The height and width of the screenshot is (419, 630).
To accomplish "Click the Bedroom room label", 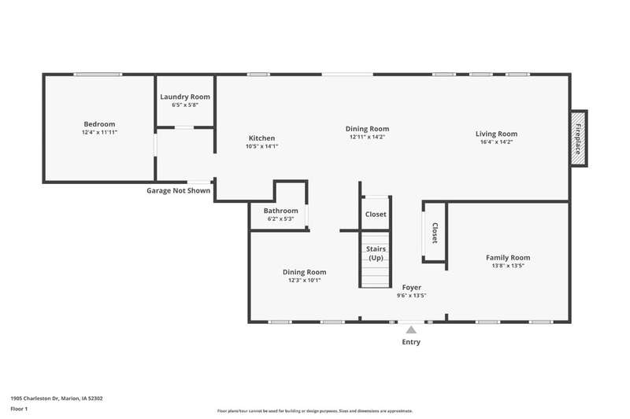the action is [x=99, y=124].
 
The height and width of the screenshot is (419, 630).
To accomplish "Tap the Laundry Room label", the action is [x=185, y=97].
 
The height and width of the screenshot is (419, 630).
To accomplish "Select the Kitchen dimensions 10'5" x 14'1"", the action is [x=261, y=146].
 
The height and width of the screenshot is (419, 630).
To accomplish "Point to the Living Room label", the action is [x=496, y=134].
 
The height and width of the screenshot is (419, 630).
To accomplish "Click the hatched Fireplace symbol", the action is [x=579, y=138].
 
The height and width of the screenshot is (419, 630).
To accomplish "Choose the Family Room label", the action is [x=508, y=257].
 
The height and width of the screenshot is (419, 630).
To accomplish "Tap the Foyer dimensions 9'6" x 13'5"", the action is [x=411, y=296].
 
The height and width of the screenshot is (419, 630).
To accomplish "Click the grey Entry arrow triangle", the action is [x=411, y=330].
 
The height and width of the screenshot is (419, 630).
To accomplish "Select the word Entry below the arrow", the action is [x=411, y=342].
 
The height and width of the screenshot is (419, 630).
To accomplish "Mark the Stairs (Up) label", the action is [x=376, y=253].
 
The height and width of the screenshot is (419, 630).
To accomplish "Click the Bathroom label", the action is [x=281, y=211].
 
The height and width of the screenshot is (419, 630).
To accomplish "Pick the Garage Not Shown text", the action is [x=179, y=191].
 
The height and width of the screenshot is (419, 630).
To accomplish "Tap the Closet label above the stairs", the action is [x=376, y=215].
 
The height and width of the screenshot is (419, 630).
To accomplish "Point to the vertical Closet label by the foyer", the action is [x=435, y=233].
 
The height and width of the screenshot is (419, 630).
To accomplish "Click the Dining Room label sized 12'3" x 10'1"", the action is [x=304, y=272].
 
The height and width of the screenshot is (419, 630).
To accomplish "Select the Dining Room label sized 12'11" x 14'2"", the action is [x=367, y=129].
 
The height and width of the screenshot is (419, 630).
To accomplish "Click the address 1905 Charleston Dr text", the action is [x=35, y=399].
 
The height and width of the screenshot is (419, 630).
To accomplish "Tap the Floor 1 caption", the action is [x=19, y=409].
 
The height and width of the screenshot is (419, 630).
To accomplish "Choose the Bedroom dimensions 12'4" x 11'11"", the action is [x=100, y=132].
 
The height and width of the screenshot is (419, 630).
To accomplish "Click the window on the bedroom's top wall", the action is [x=98, y=74].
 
